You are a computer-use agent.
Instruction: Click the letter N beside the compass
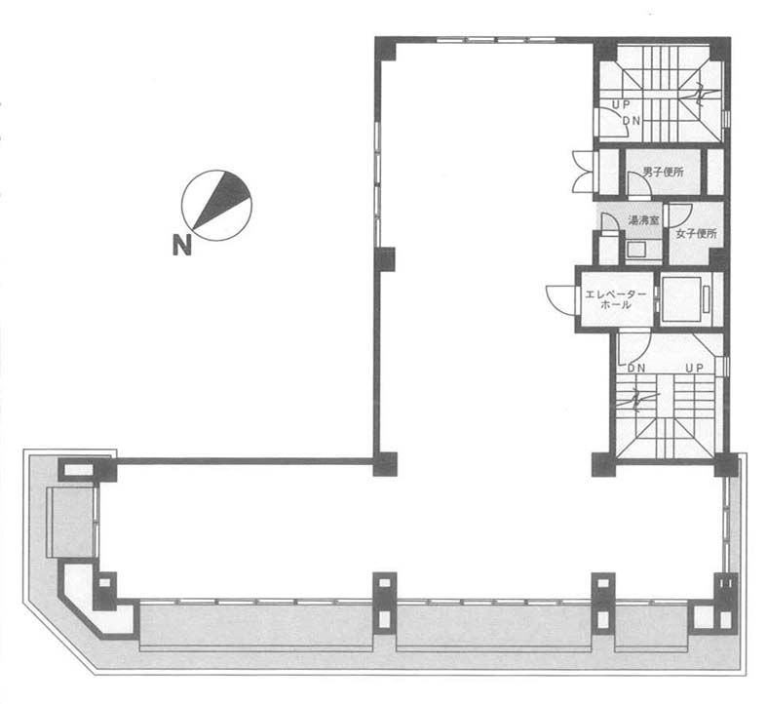point(181,246)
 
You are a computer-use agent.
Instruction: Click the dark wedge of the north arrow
point(221,199)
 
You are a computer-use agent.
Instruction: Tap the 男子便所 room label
point(663,173)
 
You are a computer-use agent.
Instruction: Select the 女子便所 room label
point(696,234)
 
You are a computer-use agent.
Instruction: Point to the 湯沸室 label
point(644,220)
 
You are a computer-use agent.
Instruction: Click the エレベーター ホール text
point(616,299)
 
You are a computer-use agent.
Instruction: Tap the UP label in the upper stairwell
point(621,104)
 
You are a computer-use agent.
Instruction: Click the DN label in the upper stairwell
point(631,121)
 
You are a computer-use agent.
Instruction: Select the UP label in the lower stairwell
point(694,368)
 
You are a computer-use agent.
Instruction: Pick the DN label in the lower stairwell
point(636,368)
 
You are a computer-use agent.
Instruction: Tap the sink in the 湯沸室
point(636,250)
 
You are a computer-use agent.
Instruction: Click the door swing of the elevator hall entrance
point(560,298)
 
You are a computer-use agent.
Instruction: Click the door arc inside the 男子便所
point(637,184)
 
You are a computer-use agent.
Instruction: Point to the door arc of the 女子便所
point(680,215)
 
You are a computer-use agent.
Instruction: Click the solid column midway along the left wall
point(385,259)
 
